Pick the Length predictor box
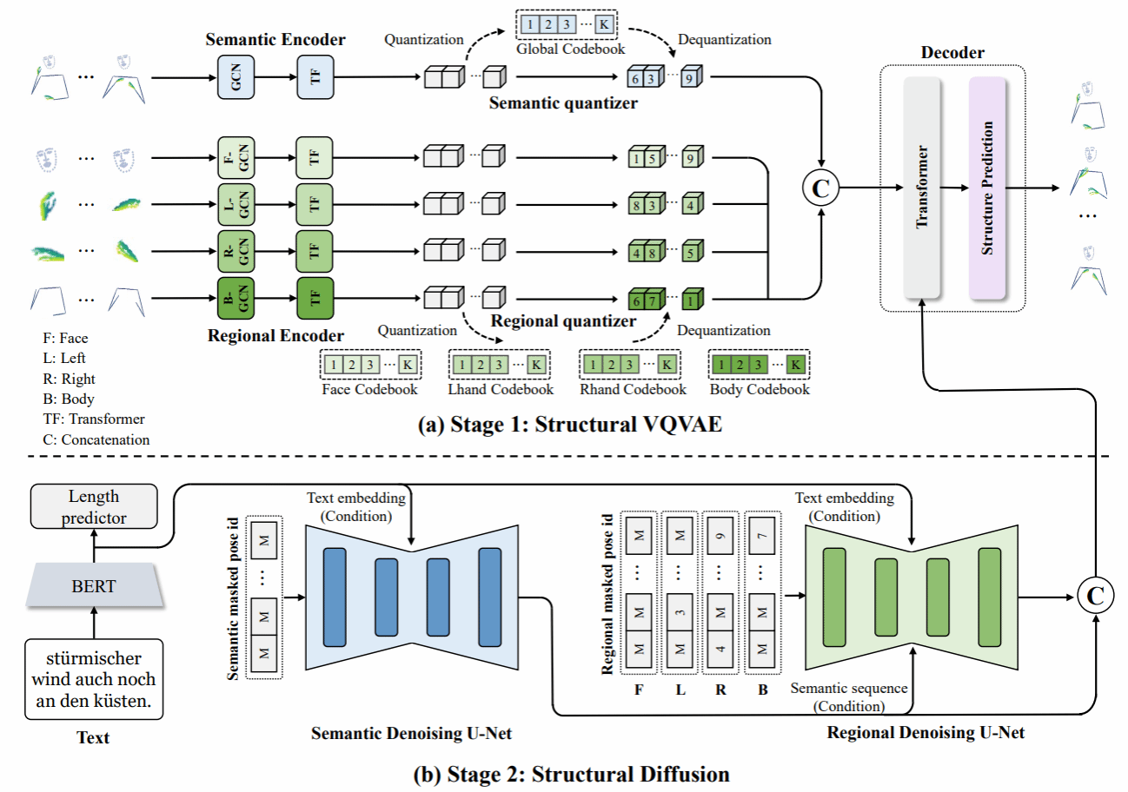point(93,507)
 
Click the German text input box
point(93,679)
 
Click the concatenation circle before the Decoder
point(821,187)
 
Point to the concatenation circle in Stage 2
point(1094,595)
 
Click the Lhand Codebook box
point(499,366)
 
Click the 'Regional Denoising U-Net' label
point(926,733)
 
